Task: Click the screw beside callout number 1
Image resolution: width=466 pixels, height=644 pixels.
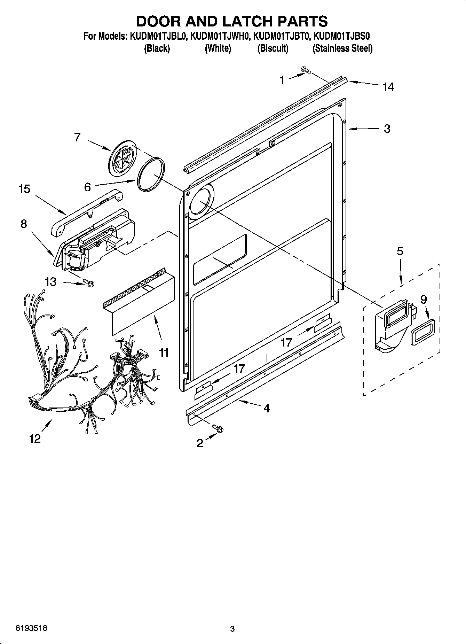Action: pyautogui.click(x=306, y=70)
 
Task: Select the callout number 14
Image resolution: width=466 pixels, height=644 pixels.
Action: pyautogui.click(x=388, y=86)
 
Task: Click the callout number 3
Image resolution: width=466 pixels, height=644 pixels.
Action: pyautogui.click(x=387, y=129)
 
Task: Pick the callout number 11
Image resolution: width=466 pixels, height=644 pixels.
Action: pyautogui.click(x=164, y=352)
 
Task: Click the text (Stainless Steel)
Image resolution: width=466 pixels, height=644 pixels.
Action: pyautogui.click(x=342, y=48)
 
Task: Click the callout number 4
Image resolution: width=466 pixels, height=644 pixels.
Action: pyautogui.click(x=266, y=408)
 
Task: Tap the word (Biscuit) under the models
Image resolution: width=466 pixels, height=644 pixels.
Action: pyautogui.click(x=273, y=48)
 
